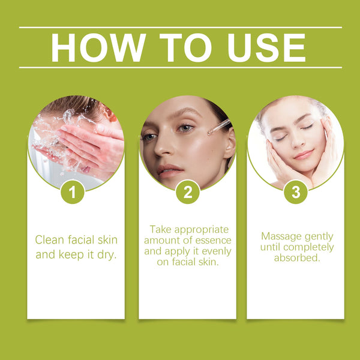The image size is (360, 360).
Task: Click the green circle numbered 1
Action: (73, 193)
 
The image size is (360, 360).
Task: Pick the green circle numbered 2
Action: (187, 193)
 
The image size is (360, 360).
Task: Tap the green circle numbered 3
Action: (295, 193)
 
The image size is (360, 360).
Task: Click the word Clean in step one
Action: (49, 240)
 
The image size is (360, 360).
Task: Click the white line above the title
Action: (180, 27)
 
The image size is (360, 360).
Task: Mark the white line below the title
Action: (180, 67)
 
